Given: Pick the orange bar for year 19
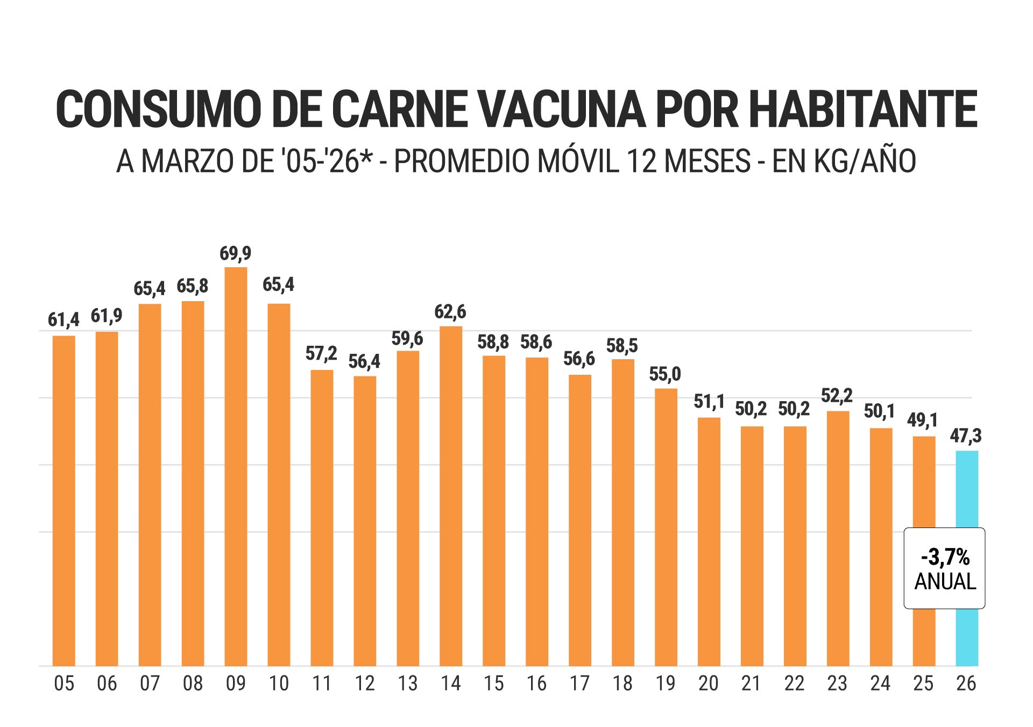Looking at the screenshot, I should pyautogui.click(x=666, y=527).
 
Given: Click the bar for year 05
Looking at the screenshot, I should pyautogui.click(x=64, y=501).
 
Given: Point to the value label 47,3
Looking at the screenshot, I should pyautogui.click(x=966, y=436).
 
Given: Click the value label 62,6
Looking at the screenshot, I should pyautogui.click(x=450, y=311).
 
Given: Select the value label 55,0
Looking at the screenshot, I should pyautogui.click(x=665, y=374).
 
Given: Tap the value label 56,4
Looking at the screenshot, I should pyautogui.click(x=364, y=361).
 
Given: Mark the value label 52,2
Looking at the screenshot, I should pyautogui.click(x=837, y=396).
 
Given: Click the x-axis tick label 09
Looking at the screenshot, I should pyautogui.click(x=236, y=683).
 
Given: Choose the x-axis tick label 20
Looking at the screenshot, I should pyautogui.click(x=708, y=683).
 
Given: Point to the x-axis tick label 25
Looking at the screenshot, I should pyautogui.click(x=923, y=683).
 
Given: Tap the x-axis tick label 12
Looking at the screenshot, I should pyautogui.click(x=365, y=683).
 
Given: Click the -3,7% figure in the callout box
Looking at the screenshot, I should pyautogui.click(x=945, y=557).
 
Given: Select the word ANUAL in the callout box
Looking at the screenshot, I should pyautogui.click(x=945, y=581).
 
